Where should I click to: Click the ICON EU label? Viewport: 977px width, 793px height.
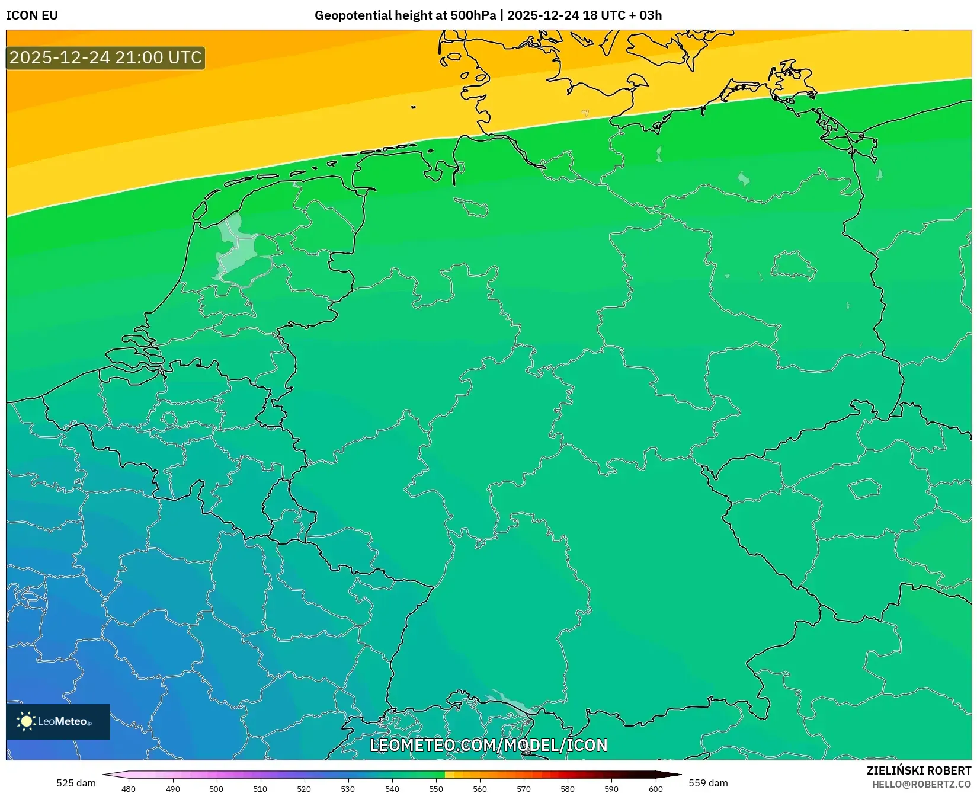click(x=32, y=15)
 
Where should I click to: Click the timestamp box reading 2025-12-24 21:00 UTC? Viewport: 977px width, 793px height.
click(x=105, y=57)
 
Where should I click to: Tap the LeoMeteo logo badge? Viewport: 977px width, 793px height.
click(x=58, y=721)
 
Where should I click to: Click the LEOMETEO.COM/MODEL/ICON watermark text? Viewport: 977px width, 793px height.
click(x=489, y=745)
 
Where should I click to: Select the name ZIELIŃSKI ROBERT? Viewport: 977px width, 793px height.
click(x=918, y=770)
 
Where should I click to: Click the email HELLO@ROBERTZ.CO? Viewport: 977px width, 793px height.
click(x=921, y=784)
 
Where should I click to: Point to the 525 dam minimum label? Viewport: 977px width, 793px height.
click(x=76, y=783)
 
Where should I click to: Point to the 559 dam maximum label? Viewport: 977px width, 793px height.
click(x=708, y=783)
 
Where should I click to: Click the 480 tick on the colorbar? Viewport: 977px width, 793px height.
click(x=129, y=789)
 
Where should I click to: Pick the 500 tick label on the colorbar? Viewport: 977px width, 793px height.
click(x=216, y=789)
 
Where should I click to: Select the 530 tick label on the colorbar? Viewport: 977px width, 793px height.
click(x=348, y=789)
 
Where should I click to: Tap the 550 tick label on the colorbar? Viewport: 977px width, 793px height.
click(x=436, y=789)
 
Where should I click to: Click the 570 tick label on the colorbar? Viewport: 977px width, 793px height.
click(x=524, y=789)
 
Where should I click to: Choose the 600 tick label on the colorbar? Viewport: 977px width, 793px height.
click(x=655, y=789)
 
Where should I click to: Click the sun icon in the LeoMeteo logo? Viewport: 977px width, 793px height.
click(x=26, y=721)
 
